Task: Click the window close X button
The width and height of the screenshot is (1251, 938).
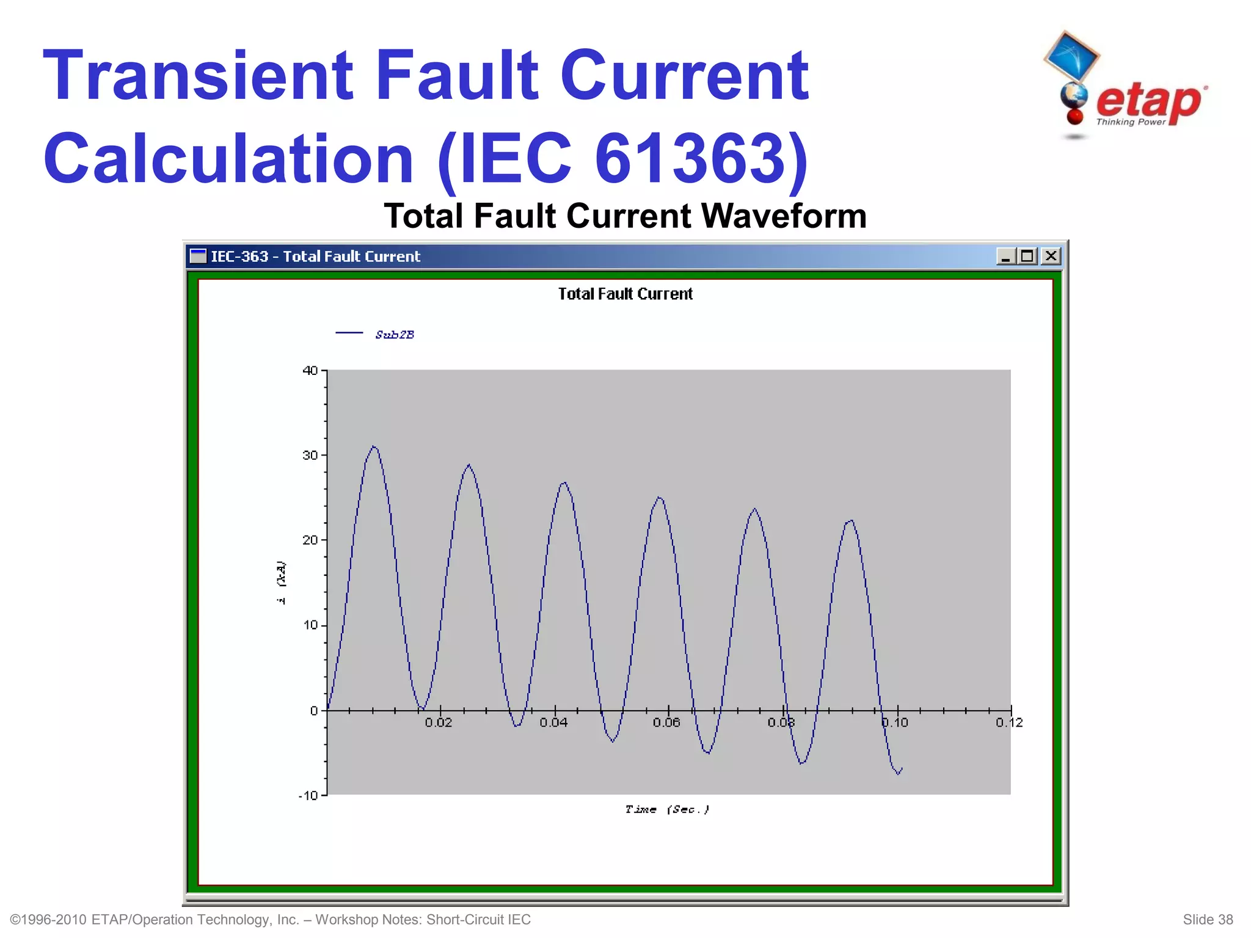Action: pos(1051,256)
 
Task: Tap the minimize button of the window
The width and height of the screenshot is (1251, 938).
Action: pos(1005,256)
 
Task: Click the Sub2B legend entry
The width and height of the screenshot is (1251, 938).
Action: pos(394,335)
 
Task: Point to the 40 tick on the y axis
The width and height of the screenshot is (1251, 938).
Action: pos(310,371)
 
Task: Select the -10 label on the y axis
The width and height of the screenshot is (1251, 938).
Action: pos(308,796)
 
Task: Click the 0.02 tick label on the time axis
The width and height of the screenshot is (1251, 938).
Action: pos(439,723)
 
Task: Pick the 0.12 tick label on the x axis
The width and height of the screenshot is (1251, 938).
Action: pos(1009,723)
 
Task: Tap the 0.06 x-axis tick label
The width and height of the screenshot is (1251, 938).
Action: pos(666,723)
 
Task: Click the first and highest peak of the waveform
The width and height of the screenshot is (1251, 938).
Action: pos(374,447)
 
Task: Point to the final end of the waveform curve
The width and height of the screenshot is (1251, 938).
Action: pos(902,769)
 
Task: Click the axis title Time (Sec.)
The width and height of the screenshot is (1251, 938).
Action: pos(667,810)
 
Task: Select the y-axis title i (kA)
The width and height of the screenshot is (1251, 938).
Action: pos(281,582)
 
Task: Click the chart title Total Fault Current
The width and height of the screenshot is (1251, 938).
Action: pos(625,294)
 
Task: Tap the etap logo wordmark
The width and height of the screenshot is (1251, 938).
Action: pos(1148,102)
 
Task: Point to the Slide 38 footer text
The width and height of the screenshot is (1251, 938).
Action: pos(1207,920)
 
